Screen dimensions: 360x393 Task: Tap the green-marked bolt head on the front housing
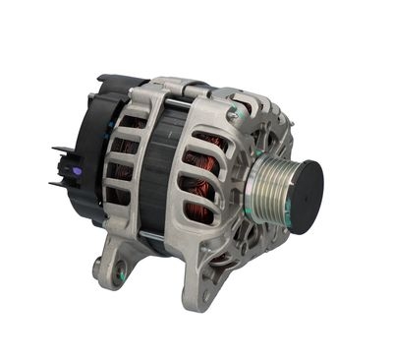coord(233,116)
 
